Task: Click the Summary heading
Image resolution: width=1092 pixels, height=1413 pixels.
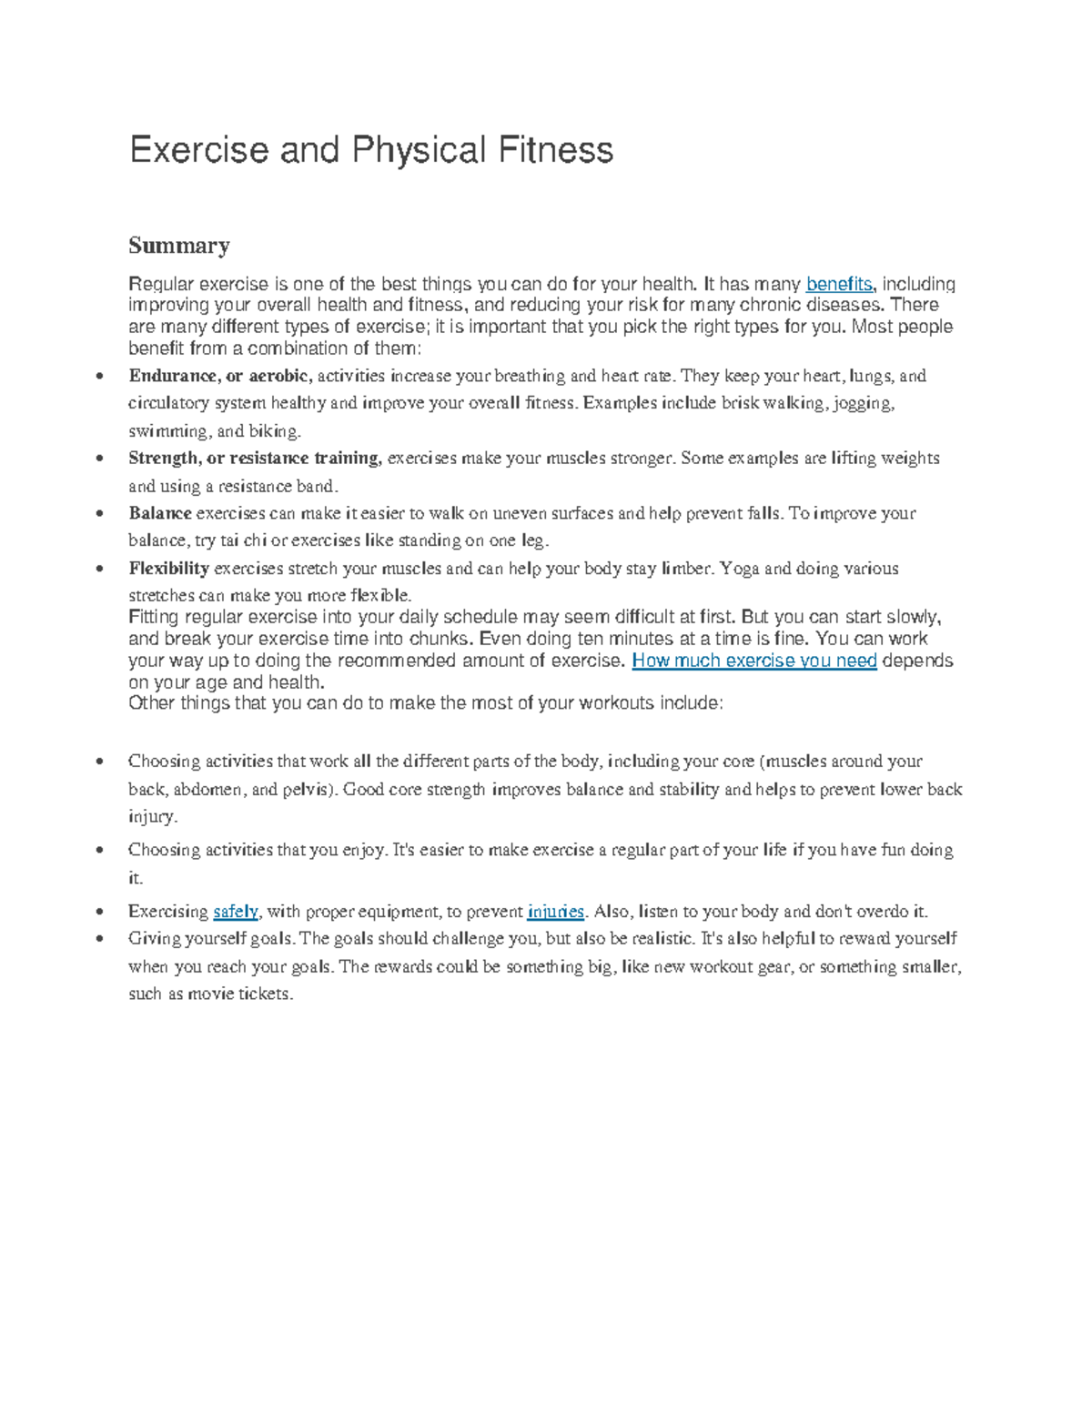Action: pyautogui.click(x=178, y=246)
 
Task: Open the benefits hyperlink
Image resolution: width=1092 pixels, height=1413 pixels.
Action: pyautogui.click(x=838, y=284)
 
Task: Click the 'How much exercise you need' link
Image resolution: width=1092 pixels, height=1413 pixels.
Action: pyautogui.click(x=753, y=661)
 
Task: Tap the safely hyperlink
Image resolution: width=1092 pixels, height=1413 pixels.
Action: pyautogui.click(x=236, y=911)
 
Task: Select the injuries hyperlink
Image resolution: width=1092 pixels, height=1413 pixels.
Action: pyautogui.click(x=555, y=911)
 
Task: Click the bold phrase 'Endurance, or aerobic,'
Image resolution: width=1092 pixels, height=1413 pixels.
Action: pyautogui.click(x=220, y=376)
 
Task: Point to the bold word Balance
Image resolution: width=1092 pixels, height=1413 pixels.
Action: pyautogui.click(x=160, y=513)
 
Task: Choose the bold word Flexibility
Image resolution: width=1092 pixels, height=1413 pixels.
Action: pyautogui.click(x=169, y=569)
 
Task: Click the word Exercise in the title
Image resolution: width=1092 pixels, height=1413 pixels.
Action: pyautogui.click(x=199, y=150)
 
